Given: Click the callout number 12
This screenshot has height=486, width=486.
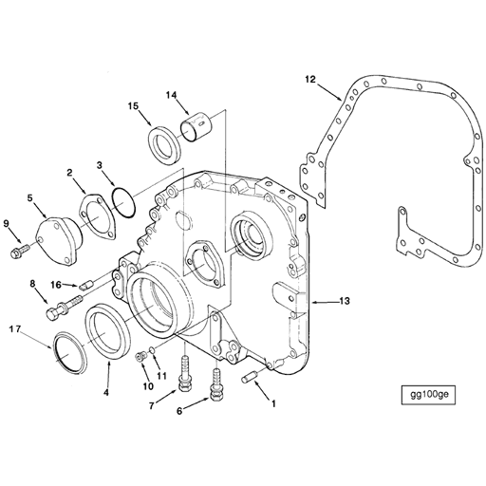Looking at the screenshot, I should (310, 80).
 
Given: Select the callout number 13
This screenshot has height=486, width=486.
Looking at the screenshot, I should (344, 301).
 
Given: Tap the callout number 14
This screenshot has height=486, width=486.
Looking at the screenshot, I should (172, 94).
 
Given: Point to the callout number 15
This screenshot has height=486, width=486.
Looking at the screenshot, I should (134, 106).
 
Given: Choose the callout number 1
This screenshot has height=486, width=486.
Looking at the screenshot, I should (274, 402).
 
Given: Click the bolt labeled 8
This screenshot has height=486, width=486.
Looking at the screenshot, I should (62, 308).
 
